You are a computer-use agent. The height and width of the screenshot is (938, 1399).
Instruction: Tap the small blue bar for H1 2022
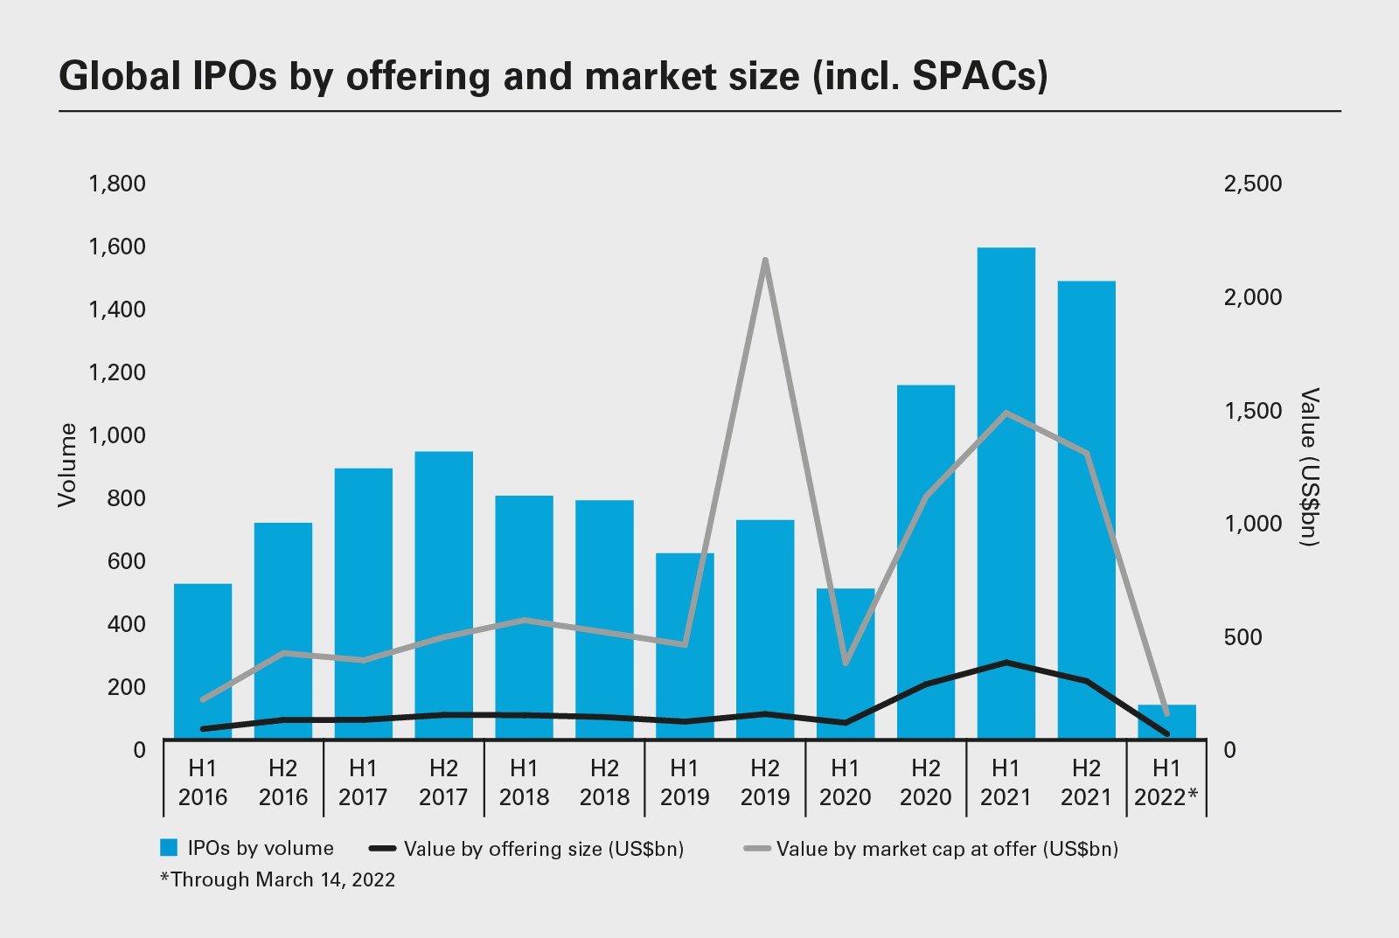pos(1166,721)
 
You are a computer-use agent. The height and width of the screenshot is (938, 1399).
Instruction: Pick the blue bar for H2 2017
pos(443,594)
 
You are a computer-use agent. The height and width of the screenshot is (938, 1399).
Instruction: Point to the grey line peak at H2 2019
pos(765,260)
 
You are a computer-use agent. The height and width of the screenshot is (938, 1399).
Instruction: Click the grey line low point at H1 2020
pos(846,663)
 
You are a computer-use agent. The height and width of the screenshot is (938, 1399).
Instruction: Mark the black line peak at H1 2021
pos(1006,663)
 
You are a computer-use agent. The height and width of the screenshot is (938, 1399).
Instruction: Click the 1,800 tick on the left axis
pos(117,184)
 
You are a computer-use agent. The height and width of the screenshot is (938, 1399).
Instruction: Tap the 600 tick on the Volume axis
pos(127,561)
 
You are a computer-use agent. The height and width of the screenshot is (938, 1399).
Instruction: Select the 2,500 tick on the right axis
pos(1252,184)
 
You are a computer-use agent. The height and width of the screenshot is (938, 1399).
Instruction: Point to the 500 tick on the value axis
pos(1242,637)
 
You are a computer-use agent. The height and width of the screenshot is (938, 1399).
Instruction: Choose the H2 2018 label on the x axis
pos(604,782)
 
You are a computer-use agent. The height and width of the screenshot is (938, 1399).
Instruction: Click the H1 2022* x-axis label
pos(1166,782)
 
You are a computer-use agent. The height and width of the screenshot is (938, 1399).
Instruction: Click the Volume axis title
pos(67,464)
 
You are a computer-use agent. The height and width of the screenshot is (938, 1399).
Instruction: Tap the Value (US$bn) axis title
pos(1309,468)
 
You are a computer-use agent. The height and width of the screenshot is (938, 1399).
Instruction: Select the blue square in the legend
pos(169,848)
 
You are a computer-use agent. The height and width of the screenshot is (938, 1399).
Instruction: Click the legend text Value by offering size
pos(543,849)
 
